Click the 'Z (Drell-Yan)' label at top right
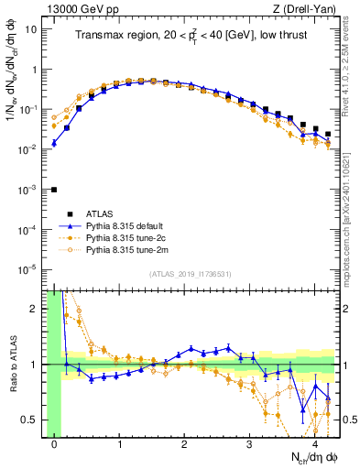click(305, 9)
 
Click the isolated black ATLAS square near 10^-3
click(54, 190)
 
